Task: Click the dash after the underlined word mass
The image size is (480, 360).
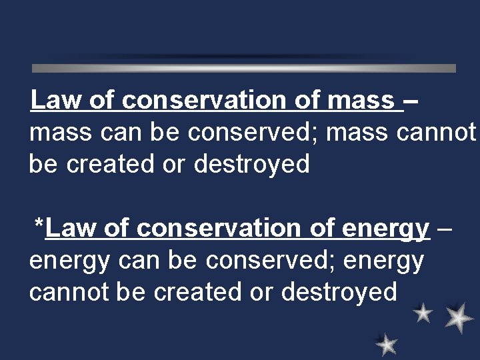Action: [x=412, y=101]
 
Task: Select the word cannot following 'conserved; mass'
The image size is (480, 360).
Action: [x=436, y=133]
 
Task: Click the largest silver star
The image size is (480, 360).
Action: [x=459, y=318]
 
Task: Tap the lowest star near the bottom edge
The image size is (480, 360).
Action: [x=386, y=344]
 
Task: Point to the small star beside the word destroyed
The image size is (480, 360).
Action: [x=423, y=312]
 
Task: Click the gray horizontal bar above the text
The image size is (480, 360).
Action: [x=244, y=68]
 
